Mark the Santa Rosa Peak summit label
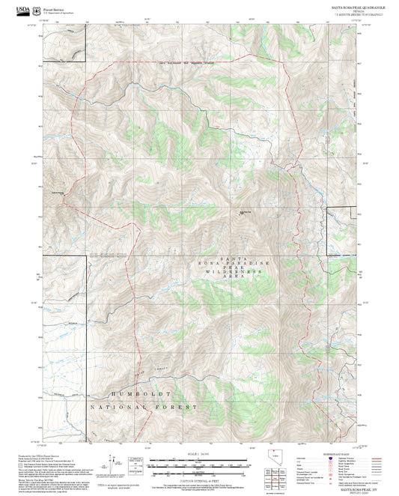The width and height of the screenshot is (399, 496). (x=244, y=213)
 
